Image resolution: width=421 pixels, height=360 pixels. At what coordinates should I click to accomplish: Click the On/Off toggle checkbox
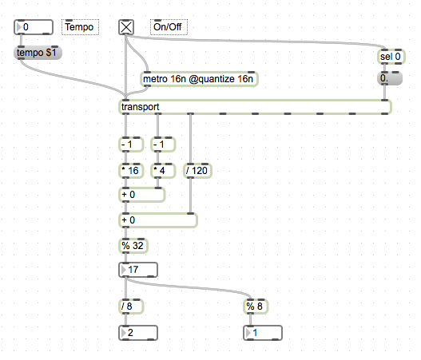[x=126, y=27]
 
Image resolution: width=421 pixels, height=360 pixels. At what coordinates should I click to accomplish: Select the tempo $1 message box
[x=38, y=53]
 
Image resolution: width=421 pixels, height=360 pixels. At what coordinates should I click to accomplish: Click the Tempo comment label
[x=80, y=27]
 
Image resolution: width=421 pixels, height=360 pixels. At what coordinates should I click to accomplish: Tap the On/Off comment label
[x=169, y=27]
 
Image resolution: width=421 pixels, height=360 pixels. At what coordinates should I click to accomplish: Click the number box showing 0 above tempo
[x=34, y=27]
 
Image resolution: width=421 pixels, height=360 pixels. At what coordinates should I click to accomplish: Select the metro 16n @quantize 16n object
[x=199, y=79]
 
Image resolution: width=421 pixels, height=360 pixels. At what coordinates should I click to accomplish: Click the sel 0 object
[x=391, y=57]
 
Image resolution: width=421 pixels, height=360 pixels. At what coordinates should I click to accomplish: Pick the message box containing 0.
[x=390, y=78]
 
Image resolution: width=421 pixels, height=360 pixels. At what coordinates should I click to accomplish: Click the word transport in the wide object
[x=140, y=107]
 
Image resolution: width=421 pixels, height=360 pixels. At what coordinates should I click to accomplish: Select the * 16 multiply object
[x=131, y=171]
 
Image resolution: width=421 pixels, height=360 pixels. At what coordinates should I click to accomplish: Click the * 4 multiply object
[x=163, y=171]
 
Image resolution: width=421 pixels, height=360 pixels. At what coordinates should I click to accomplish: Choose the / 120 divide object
[x=197, y=171]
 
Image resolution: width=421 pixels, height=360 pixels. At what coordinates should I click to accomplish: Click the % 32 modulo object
[x=133, y=246]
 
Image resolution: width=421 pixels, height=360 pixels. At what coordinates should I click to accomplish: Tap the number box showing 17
[x=138, y=270]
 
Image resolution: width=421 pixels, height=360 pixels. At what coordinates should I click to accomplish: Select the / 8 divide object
[x=131, y=307]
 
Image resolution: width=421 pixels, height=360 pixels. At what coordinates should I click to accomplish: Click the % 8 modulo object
[x=256, y=307]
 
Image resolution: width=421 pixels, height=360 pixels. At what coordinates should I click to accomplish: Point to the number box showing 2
[x=138, y=333]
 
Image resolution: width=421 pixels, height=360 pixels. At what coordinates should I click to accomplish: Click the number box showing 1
[x=263, y=333]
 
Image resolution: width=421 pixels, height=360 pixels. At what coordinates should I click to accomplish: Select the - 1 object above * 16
[x=131, y=144]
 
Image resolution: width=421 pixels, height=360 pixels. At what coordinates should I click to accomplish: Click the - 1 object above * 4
[x=163, y=144]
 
